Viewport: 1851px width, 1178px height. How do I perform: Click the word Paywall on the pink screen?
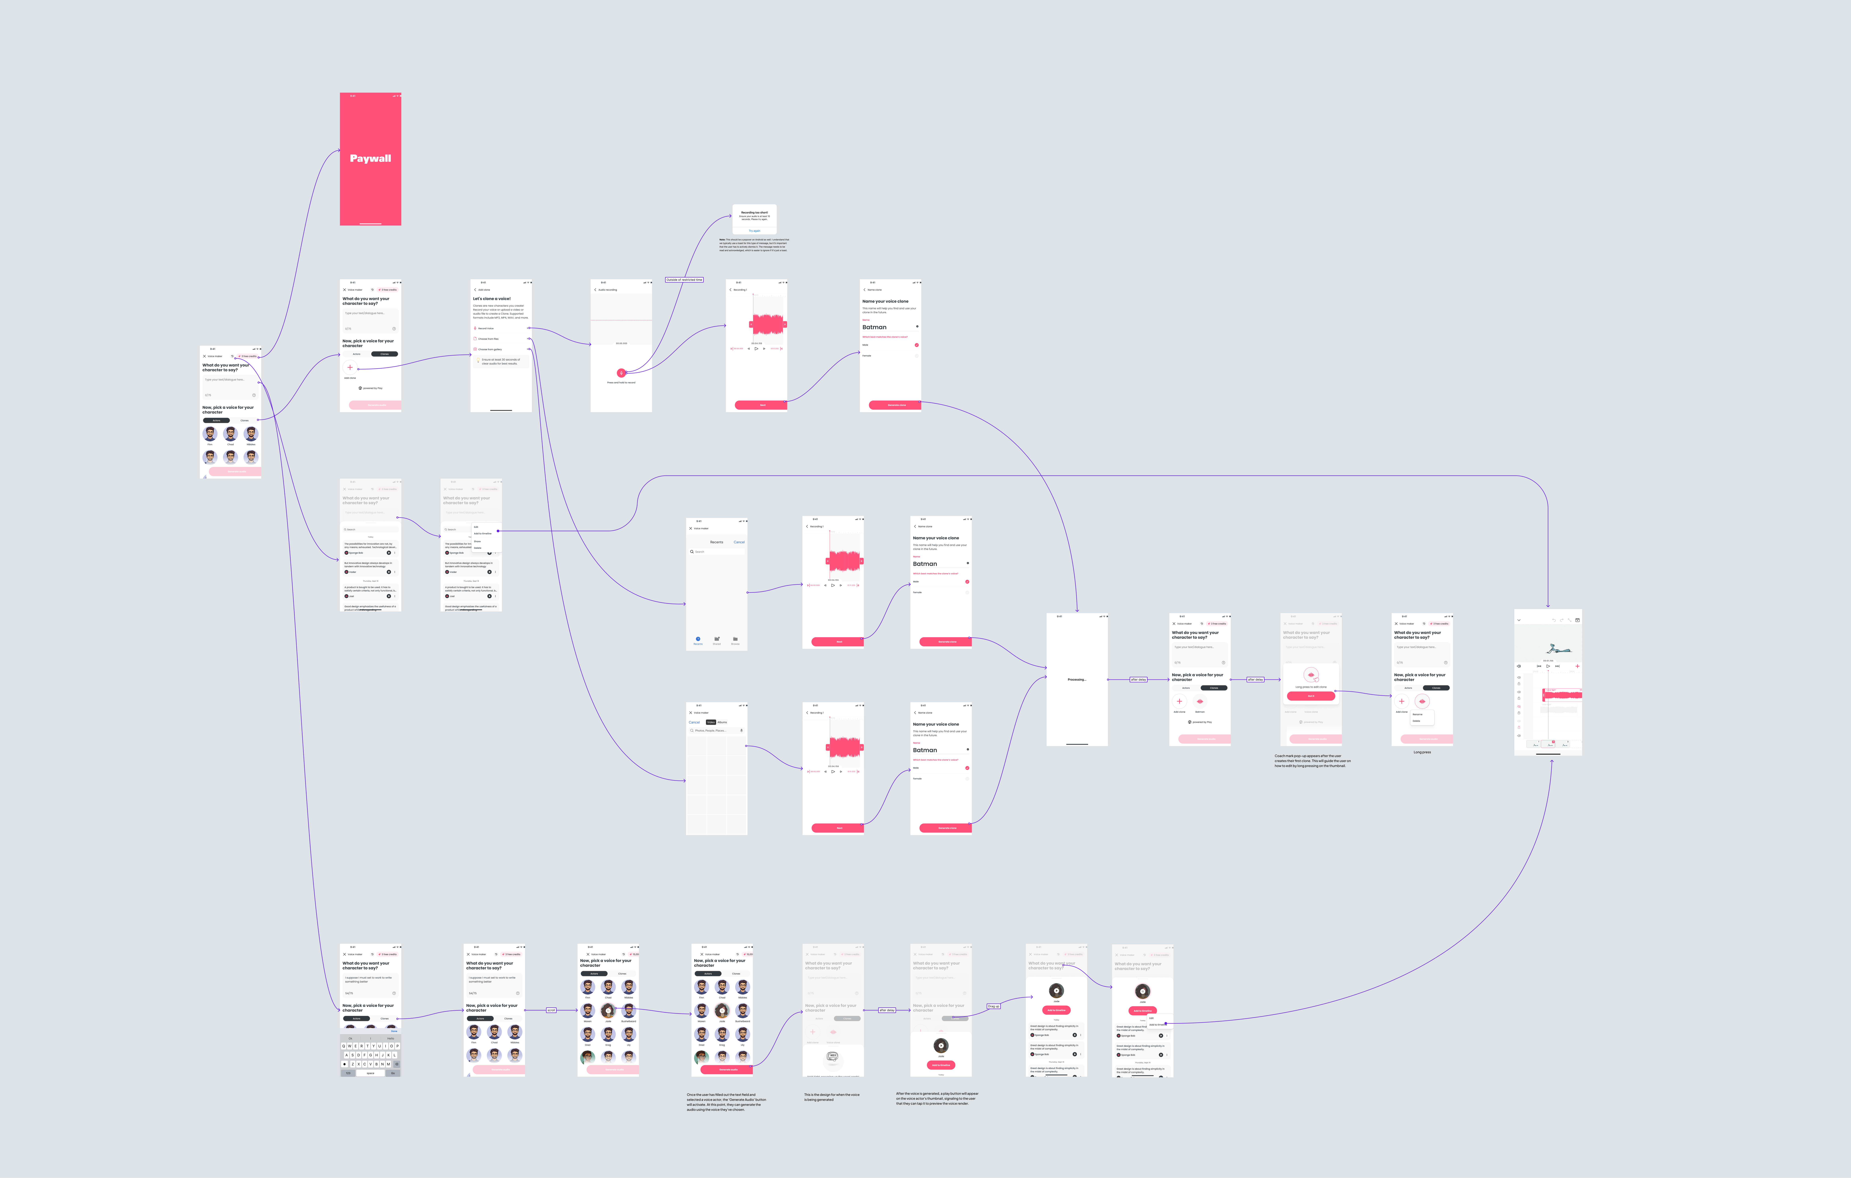[x=370, y=158]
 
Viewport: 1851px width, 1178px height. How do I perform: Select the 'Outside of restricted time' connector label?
[x=684, y=280]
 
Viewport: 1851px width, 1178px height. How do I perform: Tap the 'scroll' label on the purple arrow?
[x=551, y=1010]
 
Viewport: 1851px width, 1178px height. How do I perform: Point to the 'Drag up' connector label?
[x=993, y=1006]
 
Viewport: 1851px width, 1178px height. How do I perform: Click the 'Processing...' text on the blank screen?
[x=1076, y=680]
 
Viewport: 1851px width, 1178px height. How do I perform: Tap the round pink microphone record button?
[x=621, y=373]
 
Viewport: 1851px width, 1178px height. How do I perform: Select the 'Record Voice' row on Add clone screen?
[x=487, y=328]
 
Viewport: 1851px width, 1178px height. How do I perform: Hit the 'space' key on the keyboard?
[x=370, y=1073]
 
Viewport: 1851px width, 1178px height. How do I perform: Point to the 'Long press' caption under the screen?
[x=1422, y=752]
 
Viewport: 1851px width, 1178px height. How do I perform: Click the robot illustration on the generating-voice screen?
[x=832, y=1056]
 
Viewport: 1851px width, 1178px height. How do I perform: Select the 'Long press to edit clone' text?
[x=1311, y=687]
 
